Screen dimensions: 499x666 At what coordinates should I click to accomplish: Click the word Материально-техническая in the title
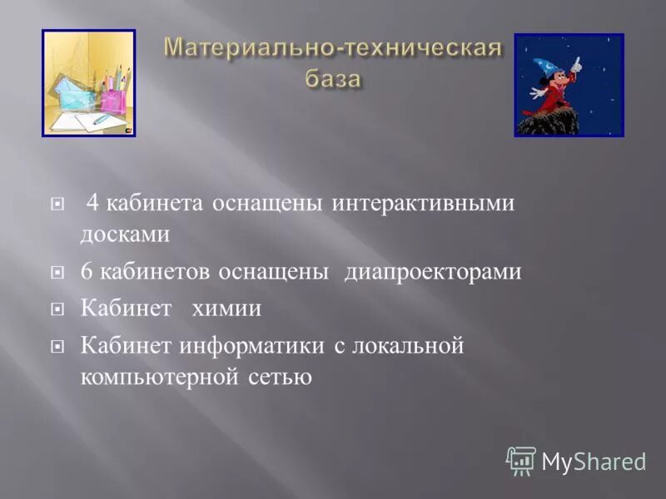[x=333, y=47]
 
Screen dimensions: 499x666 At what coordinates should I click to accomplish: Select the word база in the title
[x=332, y=79]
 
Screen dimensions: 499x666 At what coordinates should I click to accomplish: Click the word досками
[x=125, y=235]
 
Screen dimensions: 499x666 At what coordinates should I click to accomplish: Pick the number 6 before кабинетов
[x=87, y=272]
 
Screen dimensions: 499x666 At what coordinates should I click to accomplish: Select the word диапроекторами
[x=433, y=272]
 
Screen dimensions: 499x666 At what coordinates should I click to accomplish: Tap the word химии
[x=226, y=309]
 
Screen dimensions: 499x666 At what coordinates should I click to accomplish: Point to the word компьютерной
[x=160, y=376]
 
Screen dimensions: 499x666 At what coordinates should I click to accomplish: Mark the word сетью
[x=280, y=376]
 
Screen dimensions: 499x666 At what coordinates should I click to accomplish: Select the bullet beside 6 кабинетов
[x=57, y=272]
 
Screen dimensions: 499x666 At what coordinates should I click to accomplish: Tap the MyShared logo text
[x=594, y=461]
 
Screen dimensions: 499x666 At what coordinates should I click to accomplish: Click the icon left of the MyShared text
[x=521, y=460]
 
